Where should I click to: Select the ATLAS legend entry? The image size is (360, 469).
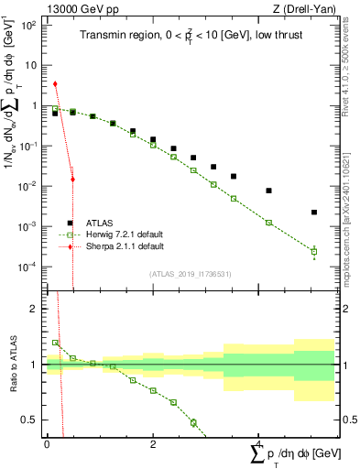(100, 223)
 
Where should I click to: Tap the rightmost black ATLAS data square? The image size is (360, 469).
(314, 213)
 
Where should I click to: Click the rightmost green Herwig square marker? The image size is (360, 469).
(314, 251)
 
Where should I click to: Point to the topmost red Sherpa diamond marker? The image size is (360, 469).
(56, 84)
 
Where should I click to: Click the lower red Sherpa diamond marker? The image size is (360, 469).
(72, 180)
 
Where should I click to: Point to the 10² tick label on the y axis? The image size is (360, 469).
(29, 25)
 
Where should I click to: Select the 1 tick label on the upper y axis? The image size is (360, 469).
(33, 105)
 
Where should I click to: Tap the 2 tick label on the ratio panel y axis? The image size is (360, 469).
(34, 310)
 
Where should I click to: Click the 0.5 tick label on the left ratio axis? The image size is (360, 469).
(30, 420)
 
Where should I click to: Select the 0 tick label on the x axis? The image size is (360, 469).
(47, 444)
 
